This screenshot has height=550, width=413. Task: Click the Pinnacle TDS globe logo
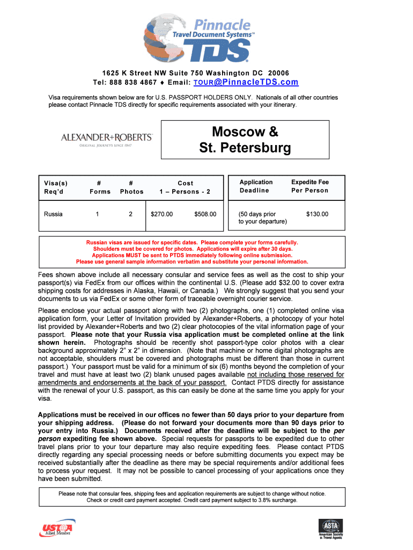pos(197,39)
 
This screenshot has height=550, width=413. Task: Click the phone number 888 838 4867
pos(134,83)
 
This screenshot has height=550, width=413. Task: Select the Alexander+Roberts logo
pos(107,139)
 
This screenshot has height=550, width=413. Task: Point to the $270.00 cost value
pos(161,214)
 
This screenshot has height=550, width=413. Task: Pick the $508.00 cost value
pos(205,214)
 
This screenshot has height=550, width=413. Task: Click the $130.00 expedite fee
pos(317,214)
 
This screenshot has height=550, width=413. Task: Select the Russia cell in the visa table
pos(53,214)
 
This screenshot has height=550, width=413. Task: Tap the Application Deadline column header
pos(256,186)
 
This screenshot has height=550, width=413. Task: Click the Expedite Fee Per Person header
pos(309,186)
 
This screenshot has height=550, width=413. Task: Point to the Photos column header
pos(131,187)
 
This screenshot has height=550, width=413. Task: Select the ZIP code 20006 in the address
pos(278,73)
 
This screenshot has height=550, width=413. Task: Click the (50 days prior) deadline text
pos(257,214)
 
